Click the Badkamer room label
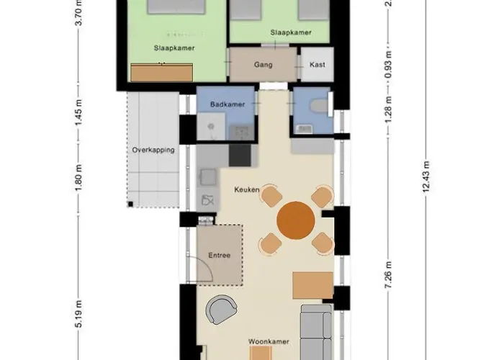228,104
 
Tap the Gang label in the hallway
264,65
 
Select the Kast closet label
318,65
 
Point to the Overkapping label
153,150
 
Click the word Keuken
247,189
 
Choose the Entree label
219,255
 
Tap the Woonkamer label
269,342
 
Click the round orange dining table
296,220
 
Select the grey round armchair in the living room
221,309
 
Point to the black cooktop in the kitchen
240,156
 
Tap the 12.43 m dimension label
426,177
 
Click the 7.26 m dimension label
389,275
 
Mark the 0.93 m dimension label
389,64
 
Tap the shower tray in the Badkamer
211,126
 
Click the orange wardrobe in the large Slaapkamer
162,73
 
